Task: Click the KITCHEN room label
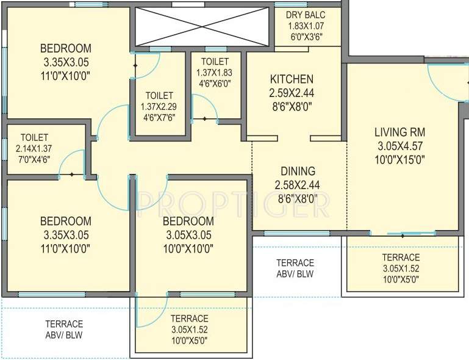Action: [x=292, y=79]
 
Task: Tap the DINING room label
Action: [x=298, y=171]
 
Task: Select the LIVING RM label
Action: [x=400, y=132]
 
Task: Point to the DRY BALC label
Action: [x=308, y=15]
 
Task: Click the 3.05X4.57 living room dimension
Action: [x=400, y=146]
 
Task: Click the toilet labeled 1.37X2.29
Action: [x=159, y=106]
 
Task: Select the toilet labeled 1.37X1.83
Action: [x=213, y=73]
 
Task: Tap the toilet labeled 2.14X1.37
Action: [x=34, y=148]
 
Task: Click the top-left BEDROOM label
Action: [x=66, y=49]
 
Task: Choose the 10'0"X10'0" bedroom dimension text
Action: [x=188, y=248]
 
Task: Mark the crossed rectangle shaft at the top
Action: [x=201, y=26]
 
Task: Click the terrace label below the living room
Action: [x=401, y=257]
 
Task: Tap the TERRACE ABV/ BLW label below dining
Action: [x=295, y=268]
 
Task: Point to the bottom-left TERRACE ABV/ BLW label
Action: [x=64, y=329]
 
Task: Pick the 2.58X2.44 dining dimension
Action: [x=298, y=185]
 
